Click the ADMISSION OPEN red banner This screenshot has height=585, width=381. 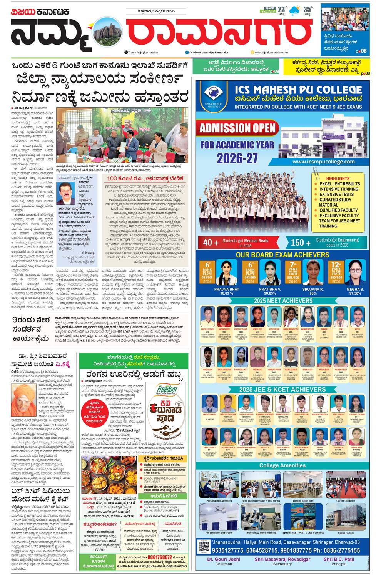click(x=237, y=128)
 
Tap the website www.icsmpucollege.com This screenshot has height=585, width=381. click(x=323, y=162)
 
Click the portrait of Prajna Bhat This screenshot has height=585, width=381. click(x=226, y=273)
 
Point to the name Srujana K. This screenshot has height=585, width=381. click(x=313, y=289)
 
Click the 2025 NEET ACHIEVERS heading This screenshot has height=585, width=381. click(x=283, y=301)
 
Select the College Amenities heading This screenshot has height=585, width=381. click(x=282, y=465)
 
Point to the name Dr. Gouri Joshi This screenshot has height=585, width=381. click(x=223, y=559)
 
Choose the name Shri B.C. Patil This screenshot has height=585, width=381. click(x=339, y=559)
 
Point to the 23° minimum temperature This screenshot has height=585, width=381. click(x=282, y=9)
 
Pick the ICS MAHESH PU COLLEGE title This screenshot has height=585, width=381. click(x=298, y=90)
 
